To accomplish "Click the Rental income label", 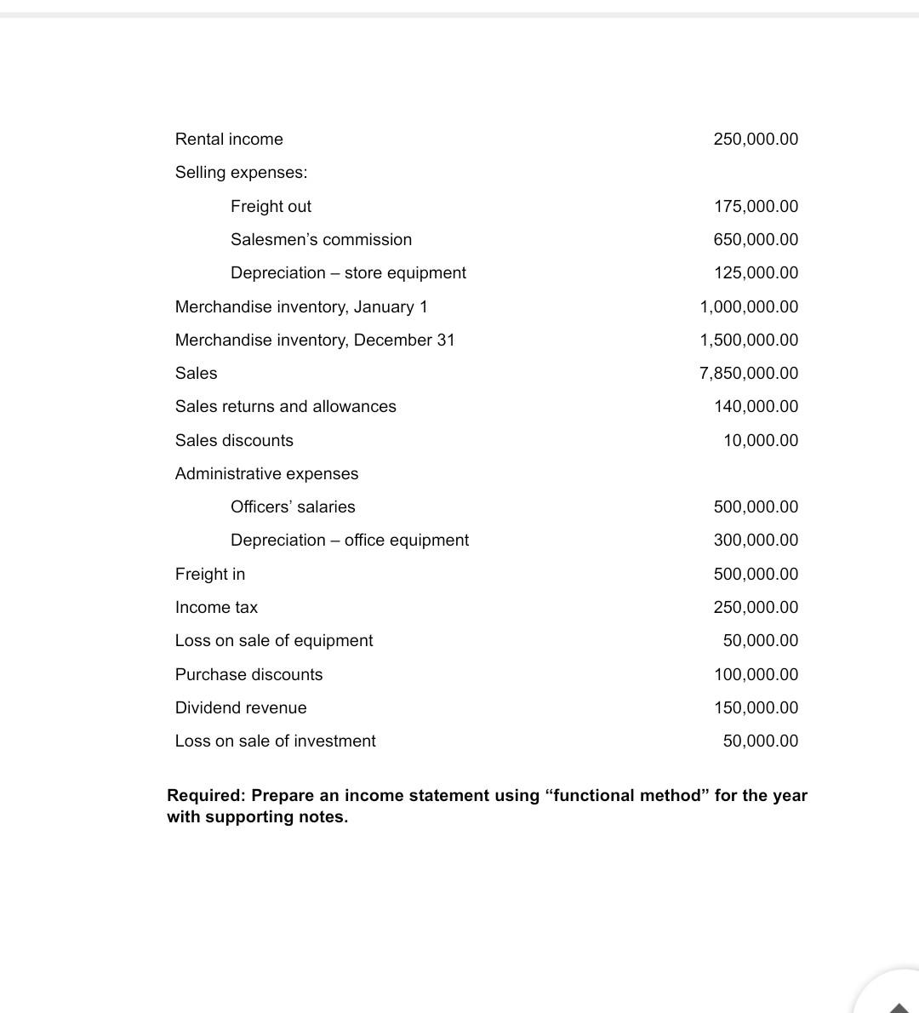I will coord(229,139).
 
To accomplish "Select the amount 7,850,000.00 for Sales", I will coord(749,373).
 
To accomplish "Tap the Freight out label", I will coord(271,206).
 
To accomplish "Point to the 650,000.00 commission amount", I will coord(756,239).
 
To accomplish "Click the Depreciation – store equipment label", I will coord(348,272).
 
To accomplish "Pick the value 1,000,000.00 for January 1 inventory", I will coord(749,306).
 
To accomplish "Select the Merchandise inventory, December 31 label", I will coord(315,340).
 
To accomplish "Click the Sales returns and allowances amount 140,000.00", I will coord(756,406).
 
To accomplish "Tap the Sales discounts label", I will coord(234,440).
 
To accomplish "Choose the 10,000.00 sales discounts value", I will coord(761,440).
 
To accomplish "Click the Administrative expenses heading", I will coord(266,473).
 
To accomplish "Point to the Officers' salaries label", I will coord(293,506).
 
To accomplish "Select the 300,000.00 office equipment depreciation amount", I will coord(756,540).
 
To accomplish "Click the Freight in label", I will coord(210,574).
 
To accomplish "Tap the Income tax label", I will coord(216,607).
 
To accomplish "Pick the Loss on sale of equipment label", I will coord(274,640).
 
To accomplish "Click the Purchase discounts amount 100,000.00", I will coord(756,674).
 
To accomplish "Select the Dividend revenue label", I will coord(241,707).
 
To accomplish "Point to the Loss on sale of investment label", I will coord(275,741).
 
